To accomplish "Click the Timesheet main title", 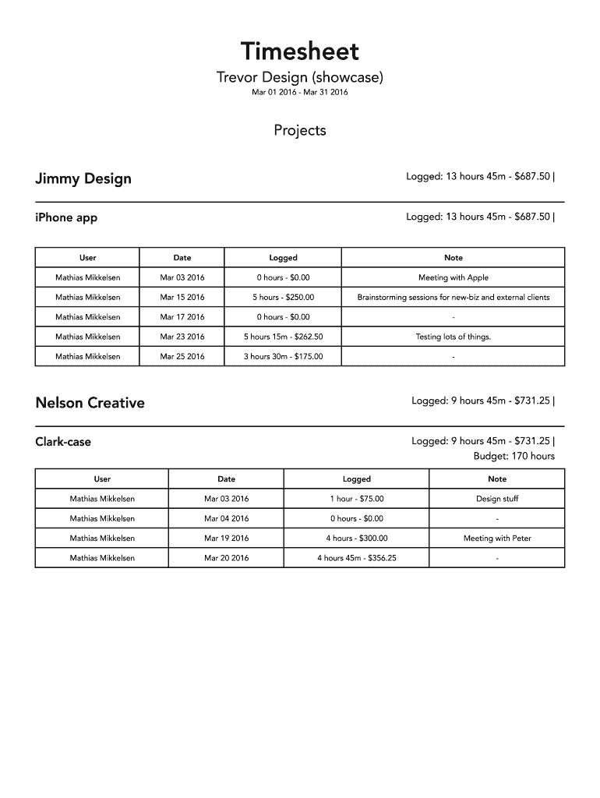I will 299,51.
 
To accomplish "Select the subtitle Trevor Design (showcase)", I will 299,78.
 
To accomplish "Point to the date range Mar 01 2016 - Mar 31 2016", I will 299,93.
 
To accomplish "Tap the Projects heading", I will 299,130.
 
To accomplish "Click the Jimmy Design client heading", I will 83,178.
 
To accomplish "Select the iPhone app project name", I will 66,217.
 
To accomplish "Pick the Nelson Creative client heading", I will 90,403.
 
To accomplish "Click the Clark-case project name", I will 63,442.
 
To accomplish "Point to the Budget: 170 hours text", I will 514,456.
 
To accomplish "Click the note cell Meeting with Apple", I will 454,277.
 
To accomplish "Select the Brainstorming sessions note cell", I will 454,297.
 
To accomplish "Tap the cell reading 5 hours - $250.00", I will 283,297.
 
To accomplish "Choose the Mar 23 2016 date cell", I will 182,337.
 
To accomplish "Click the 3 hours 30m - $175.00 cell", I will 283,356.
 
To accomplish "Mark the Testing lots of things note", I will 454,337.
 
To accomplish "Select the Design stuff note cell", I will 497,499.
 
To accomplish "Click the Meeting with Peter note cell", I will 497,538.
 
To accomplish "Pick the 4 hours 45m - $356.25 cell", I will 356,558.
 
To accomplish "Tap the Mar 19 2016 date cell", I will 226,538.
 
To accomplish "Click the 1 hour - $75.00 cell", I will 356,499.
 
